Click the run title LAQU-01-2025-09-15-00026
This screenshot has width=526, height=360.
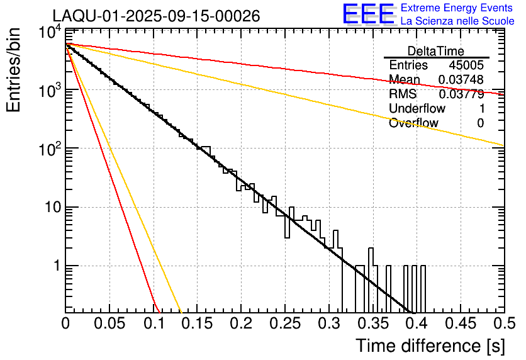pyautogui.click(x=156, y=16)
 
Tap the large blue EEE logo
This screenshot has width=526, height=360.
pyautogui.click(x=369, y=14)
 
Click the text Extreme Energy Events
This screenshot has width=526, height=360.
pyautogui.click(x=457, y=8)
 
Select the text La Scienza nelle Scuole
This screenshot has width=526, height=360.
pyautogui.click(x=457, y=21)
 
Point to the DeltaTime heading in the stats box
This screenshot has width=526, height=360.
pyautogui.click(x=436, y=51)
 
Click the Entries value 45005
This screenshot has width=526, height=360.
pyautogui.click(x=466, y=65)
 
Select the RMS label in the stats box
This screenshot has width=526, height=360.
pyautogui.click(x=403, y=94)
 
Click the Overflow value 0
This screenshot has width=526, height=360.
pyautogui.click(x=480, y=123)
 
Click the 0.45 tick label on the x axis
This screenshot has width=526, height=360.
pyautogui.click(x=461, y=324)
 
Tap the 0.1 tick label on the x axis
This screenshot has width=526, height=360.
pyautogui.click(x=154, y=324)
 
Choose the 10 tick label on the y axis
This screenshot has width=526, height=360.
pyautogui.click(x=51, y=208)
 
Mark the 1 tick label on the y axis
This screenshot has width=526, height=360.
pyautogui.click(x=55, y=266)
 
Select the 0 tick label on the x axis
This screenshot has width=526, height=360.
pyautogui.click(x=66, y=324)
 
